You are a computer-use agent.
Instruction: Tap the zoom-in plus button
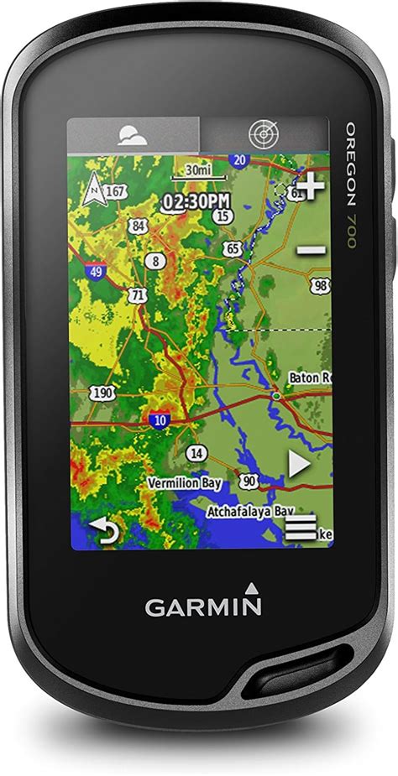point(312,186)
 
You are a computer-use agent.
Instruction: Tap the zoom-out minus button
point(312,249)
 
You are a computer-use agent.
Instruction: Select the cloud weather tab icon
point(133,135)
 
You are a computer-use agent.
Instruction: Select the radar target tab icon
point(263,134)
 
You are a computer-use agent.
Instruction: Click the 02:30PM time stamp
point(196,201)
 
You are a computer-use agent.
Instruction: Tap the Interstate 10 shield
point(160,420)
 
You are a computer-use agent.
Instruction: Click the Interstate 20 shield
point(240,160)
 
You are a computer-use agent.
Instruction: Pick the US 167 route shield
point(116,192)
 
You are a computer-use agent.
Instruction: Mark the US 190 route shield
point(103,393)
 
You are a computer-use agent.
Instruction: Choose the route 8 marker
point(154,261)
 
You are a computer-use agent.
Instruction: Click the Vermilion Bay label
point(183,483)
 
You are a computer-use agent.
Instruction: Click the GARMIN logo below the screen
point(203,606)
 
